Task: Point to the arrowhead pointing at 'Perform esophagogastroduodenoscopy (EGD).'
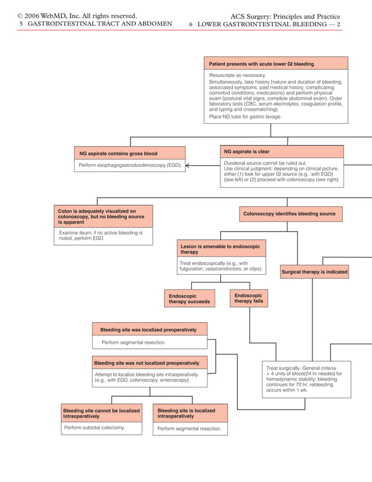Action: pyautogui.click(x=188, y=166)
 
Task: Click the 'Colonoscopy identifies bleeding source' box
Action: pyautogui.click(x=289, y=214)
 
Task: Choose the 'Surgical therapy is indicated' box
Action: pyautogui.click(x=314, y=272)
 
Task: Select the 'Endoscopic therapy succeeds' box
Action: pyautogui.click(x=189, y=299)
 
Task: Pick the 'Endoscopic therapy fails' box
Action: pyautogui.click(x=249, y=298)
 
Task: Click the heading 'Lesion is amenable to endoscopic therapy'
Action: pyautogui.click(x=221, y=249)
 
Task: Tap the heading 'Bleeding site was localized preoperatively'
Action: pyautogui.click(x=149, y=330)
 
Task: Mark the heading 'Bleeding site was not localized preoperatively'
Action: pyautogui.click(x=149, y=363)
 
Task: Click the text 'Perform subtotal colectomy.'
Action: pyautogui.click(x=94, y=428)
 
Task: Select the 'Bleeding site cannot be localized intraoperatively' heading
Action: pyautogui.click(x=101, y=414)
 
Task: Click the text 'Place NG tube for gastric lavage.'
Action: pyautogui.click(x=245, y=117)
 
